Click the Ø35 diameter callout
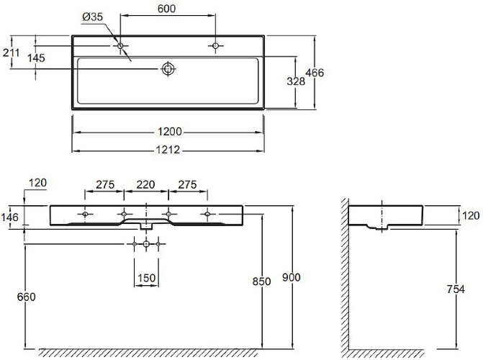point(92,17)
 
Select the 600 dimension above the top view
point(167,9)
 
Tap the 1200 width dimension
point(170,132)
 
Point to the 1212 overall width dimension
point(168,150)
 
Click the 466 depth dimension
point(315,73)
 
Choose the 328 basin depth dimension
point(296,81)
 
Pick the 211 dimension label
point(11,53)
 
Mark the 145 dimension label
point(36,58)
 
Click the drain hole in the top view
point(168,68)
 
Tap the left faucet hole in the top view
point(120,46)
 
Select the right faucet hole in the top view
point(216,46)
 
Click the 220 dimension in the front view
point(145,184)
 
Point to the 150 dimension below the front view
point(146,278)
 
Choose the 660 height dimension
point(26,297)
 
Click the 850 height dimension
point(261,282)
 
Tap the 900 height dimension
point(292,277)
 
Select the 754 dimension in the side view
point(456,289)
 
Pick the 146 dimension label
point(9,217)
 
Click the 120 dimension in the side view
point(471,215)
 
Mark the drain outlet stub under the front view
point(146,226)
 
